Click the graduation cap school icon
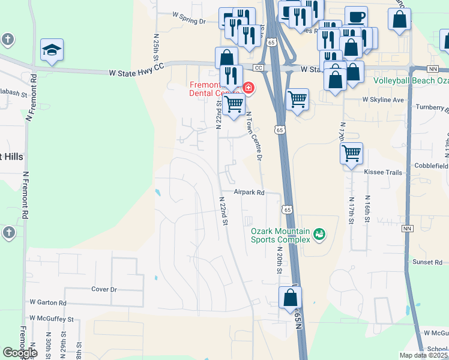[x=52, y=50]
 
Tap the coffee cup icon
[x=356, y=17]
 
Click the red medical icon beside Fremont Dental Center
[x=248, y=89]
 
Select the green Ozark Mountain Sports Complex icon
[x=319, y=233]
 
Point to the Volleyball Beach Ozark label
[x=411, y=80]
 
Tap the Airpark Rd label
[x=249, y=193]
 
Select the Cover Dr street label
[x=103, y=289]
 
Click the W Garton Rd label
[x=48, y=304]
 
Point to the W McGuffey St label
[x=51, y=319]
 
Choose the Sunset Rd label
[x=427, y=262]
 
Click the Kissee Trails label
[x=383, y=172]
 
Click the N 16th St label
[x=367, y=208]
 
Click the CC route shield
[x=259, y=68]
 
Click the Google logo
[x=20, y=353]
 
